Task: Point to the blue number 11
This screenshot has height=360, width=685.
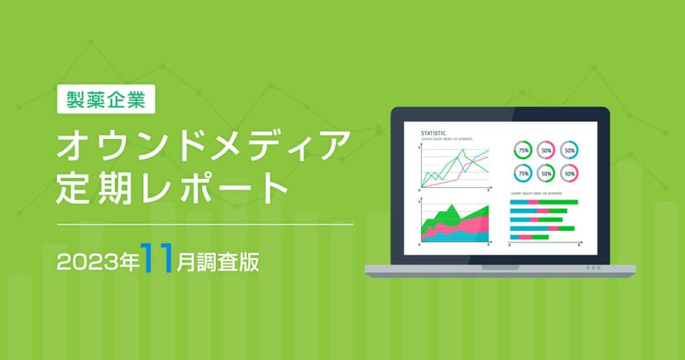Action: click(x=158, y=257)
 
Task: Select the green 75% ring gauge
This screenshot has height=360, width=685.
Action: click(x=523, y=151)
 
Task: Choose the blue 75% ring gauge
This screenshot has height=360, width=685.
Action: click(x=523, y=173)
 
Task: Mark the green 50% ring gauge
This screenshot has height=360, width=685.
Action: click(x=546, y=173)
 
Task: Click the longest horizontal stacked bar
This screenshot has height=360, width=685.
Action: click(x=543, y=202)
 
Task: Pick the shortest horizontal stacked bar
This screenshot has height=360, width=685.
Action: click(x=529, y=237)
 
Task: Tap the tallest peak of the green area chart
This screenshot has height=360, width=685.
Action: click(x=452, y=205)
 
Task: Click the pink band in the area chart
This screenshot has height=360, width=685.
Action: click(x=467, y=225)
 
